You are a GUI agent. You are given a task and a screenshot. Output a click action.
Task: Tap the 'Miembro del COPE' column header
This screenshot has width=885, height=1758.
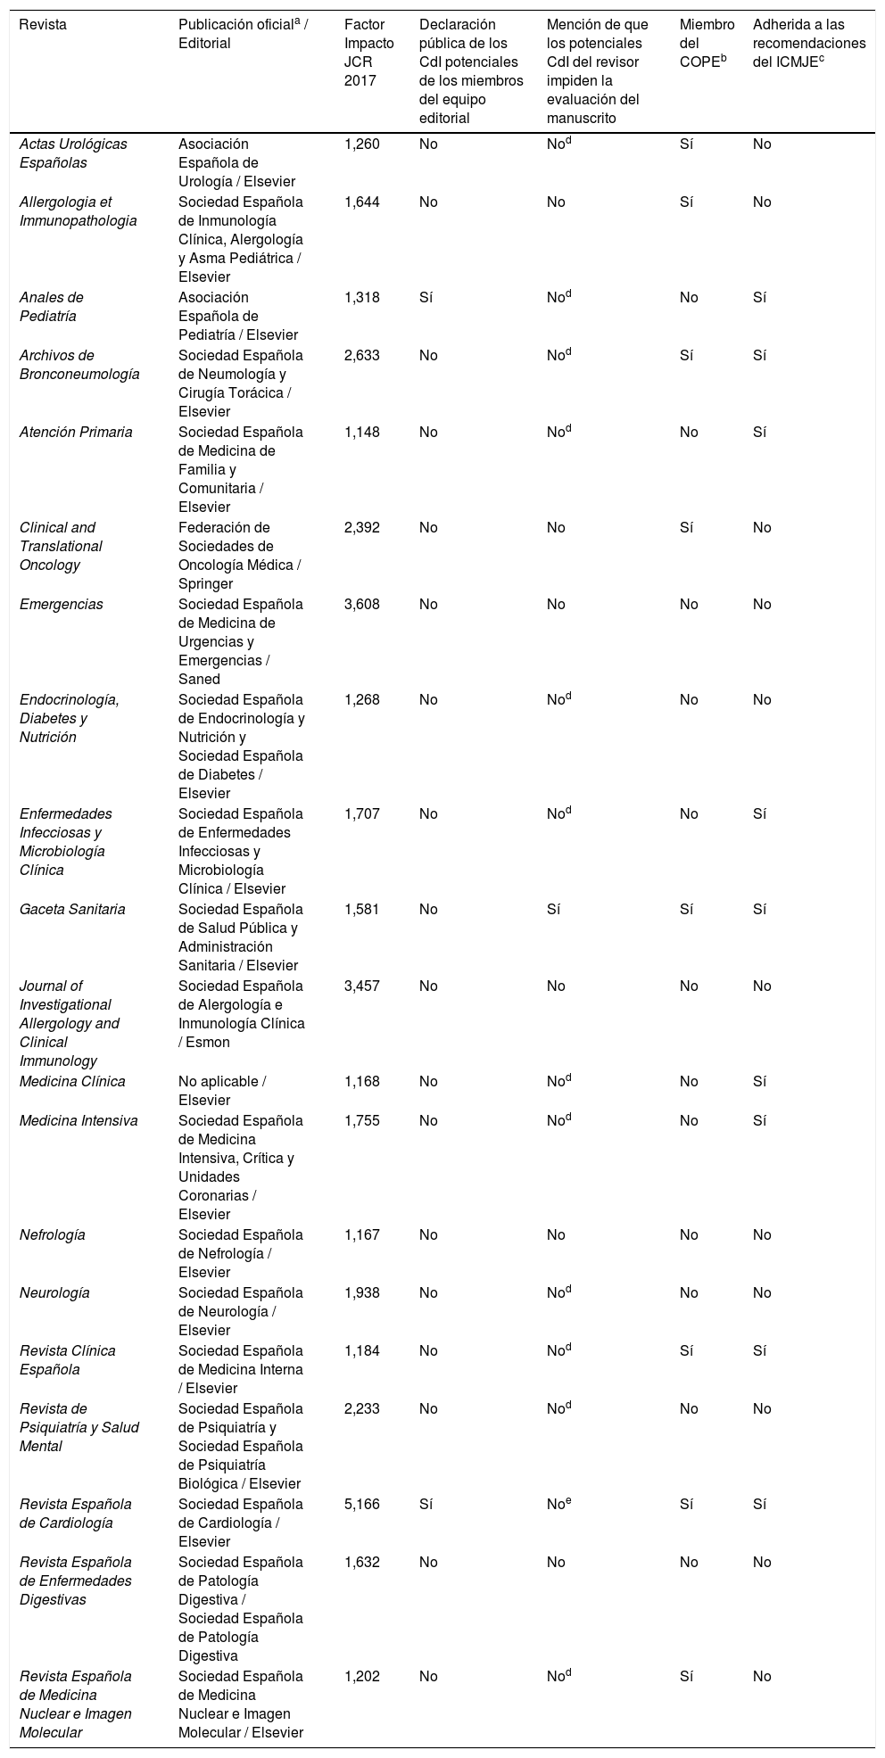(707, 43)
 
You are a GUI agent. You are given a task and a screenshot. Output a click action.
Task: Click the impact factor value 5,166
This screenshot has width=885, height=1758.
(362, 1505)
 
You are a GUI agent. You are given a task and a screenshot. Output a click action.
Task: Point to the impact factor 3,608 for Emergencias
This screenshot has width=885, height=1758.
(362, 605)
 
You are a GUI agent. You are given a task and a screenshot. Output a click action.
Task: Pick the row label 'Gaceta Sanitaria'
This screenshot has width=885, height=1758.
(72, 910)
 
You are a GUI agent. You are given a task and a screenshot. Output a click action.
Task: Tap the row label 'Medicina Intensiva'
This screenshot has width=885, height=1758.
(79, 1121)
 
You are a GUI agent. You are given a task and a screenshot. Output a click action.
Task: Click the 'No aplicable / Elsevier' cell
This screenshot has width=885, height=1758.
(222, 1091)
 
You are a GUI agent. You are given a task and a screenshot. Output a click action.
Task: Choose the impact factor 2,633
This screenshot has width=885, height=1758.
(362, 356)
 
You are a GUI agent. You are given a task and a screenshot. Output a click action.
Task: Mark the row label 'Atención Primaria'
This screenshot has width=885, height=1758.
(76, 433)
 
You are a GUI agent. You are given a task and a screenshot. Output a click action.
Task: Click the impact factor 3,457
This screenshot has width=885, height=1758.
(362, 986)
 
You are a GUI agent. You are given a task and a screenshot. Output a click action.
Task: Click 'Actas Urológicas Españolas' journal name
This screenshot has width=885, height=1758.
(73, 153)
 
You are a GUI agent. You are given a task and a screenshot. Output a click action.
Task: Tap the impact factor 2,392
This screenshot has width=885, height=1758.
(362, 528)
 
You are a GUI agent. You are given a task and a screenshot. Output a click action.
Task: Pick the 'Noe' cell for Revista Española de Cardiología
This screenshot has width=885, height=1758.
(558, 1504)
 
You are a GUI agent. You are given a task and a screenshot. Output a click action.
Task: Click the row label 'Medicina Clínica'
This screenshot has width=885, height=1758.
(72, 1082)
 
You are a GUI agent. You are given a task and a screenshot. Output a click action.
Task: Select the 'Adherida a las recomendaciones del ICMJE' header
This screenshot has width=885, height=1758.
(808, 43)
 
